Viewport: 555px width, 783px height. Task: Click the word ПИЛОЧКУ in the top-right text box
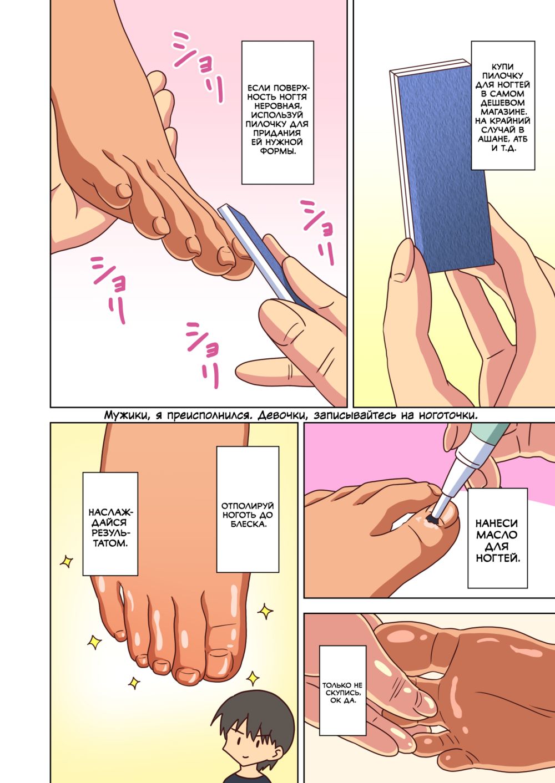coord(502,75)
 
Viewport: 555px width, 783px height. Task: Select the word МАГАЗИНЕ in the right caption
coord(502,112)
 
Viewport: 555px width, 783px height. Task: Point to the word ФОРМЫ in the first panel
coord(278,151)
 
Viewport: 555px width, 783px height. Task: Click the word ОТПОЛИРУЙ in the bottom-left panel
coord(248,506)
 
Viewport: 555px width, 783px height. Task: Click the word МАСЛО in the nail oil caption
coord(497,535)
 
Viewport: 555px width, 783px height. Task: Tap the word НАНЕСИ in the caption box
coord(497,523)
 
